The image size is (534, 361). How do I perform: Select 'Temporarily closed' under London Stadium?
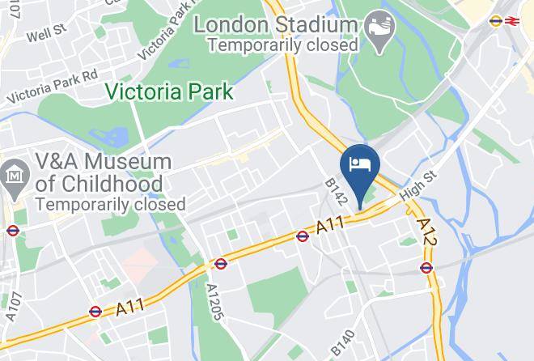[x=282, y=45]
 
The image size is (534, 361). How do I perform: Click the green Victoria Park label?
[x=172, y=91]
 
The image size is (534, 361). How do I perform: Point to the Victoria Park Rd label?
[x=53, y=85]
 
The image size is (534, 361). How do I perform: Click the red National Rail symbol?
[x=511, y=22]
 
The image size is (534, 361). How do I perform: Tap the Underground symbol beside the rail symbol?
[x=496, y=22]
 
